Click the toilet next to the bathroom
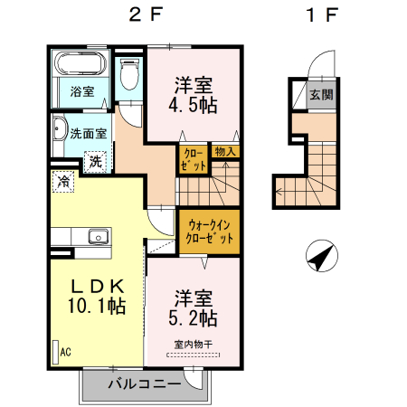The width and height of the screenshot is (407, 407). click(x=128, y=74)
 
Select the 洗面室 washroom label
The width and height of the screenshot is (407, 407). click(x=89, y=133)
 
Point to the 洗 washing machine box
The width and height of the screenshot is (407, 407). click(x=94, y=162)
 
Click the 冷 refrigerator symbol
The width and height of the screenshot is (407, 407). click(x=63, y=182)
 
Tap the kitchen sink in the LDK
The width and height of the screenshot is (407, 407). click(x=98, y=238)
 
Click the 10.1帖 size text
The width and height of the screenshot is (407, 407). click(x=95, y=306)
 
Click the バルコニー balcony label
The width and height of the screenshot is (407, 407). click(x=142, y=383)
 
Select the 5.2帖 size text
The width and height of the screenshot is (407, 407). click(x=194, y=318)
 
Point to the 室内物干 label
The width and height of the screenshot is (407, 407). click(x=193, y=345)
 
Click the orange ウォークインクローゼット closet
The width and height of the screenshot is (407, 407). click(x=209, y=232)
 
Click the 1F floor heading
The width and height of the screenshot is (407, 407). click(x=321, y=14)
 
